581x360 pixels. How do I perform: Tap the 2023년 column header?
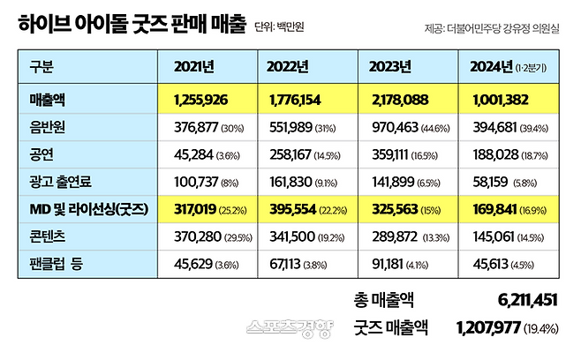click(390, 66)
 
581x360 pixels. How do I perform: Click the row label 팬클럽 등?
click(57, 263)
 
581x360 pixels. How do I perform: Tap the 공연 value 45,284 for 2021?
click(184, 154)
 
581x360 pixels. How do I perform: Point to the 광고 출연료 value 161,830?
click(288, 182)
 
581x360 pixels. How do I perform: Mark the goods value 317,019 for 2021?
click(185, 209)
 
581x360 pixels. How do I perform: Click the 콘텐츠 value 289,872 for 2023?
click(390, 236)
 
